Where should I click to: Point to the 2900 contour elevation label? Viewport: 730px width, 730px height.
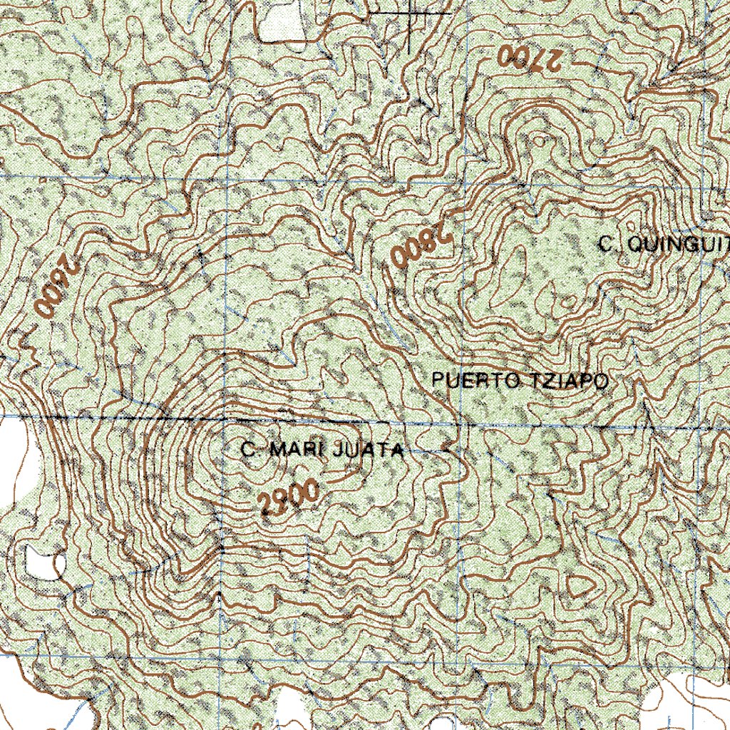(x=288, y=498)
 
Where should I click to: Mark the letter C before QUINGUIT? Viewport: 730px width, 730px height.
(x=607, y=245)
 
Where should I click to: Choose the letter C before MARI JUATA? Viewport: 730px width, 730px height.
(x=248, y=450)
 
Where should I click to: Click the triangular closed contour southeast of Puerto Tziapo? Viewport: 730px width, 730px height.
(x=581, y=587)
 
